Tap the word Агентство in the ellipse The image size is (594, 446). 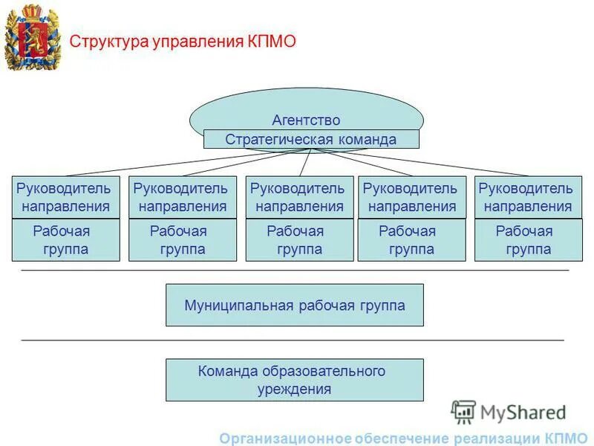coord(306,120)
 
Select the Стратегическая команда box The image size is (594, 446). coord(311,139)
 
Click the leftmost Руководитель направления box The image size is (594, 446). coord(65,197)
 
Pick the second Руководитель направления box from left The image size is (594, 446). coord(183,197)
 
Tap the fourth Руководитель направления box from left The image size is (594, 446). coord(412,197)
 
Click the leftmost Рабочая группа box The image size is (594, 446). coord(65,240)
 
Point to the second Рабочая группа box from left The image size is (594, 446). coord(183,240)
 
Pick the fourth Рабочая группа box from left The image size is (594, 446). coord(412,240)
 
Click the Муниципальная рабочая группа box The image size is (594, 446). coord(295,305)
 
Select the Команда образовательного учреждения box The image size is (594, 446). coord(295,380)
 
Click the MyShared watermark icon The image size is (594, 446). coord(463,411)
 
